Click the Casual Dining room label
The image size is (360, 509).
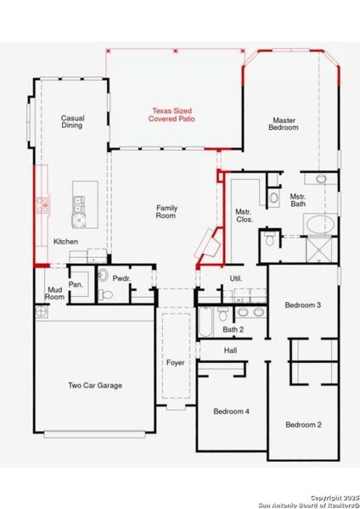pos(72,122)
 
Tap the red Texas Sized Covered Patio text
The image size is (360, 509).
pos(176,115)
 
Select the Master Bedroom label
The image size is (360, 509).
pos(284,124)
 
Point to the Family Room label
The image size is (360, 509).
pos(166,212)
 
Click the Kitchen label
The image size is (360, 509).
pos(66,243)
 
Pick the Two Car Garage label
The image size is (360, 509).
pos(95,386)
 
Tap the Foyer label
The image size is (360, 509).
pos(176,363)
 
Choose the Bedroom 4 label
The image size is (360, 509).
pos(231,411)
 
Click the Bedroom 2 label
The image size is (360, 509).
pos(302,424)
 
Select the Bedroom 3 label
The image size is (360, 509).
pos(302,305)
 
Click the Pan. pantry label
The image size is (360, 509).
pos(76,284)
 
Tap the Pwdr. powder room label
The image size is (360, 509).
pos(121,277)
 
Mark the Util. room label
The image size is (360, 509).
pos(236,278)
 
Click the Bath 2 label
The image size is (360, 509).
pos(233,329)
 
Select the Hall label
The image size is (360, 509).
pos(231,350)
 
